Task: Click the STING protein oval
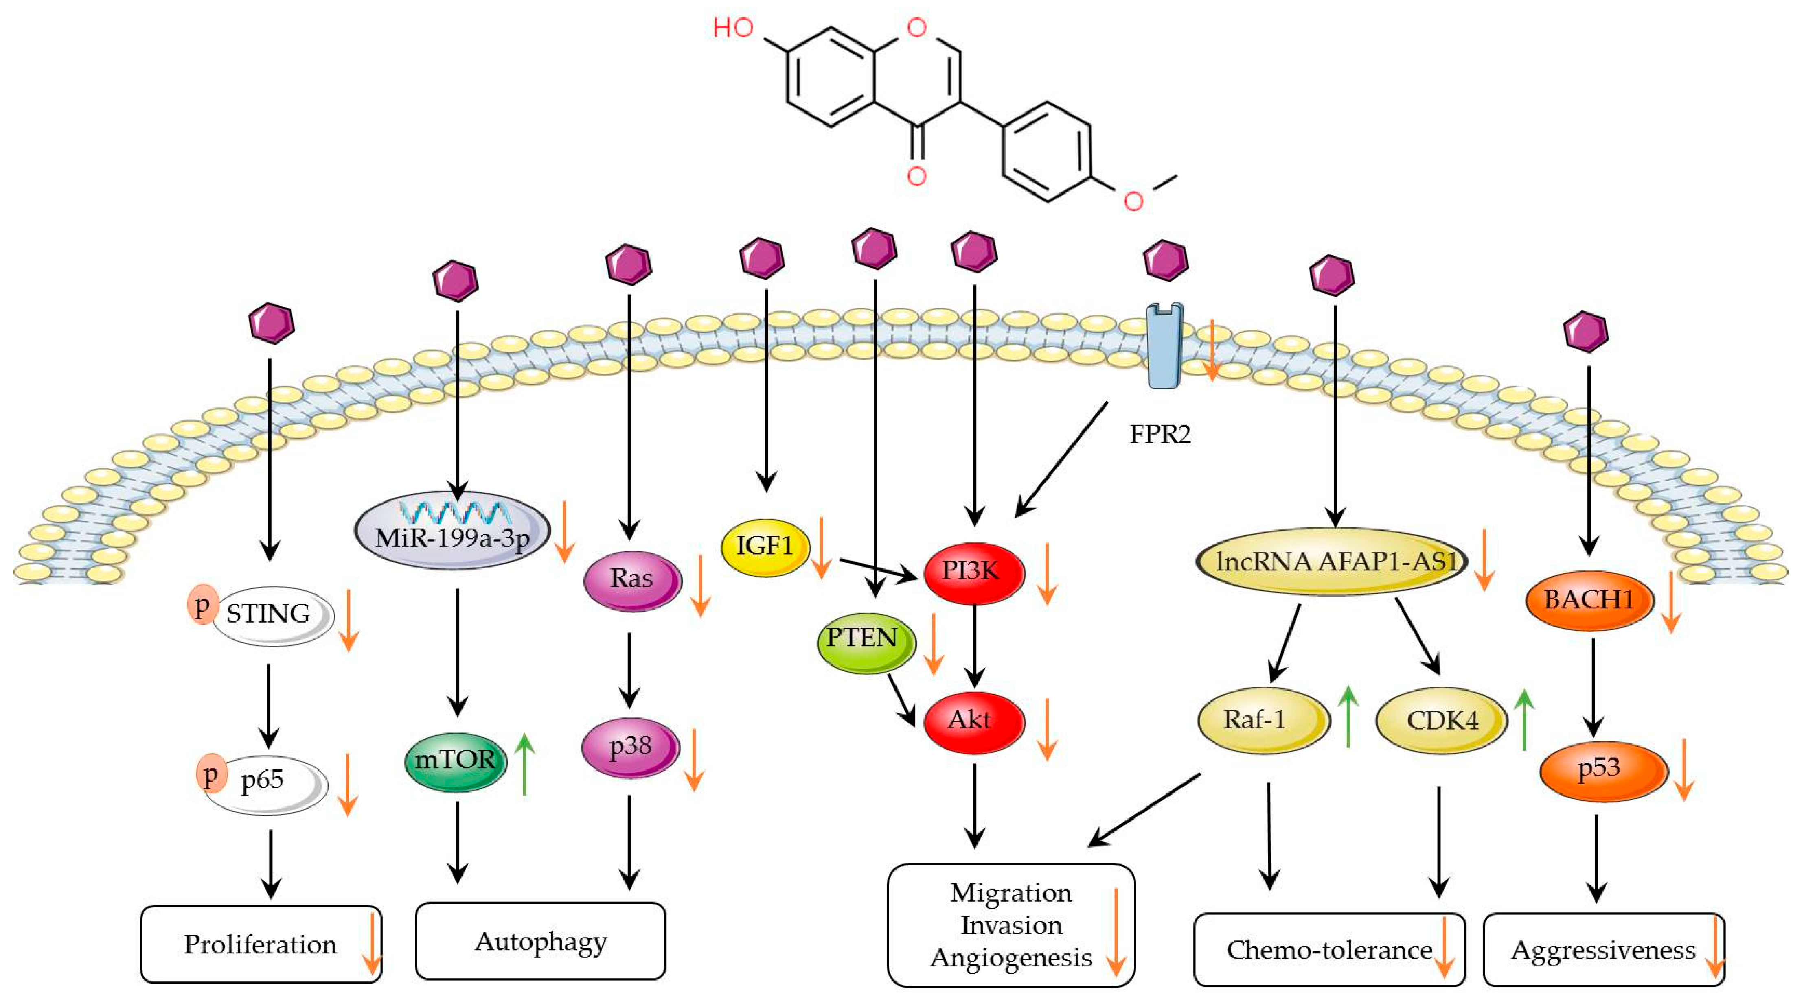272,614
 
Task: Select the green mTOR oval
455,760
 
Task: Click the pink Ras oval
632,579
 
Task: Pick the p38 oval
630,747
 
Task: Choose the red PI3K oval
972,571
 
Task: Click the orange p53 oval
1602,769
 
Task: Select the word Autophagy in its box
541,942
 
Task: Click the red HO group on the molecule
732,28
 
